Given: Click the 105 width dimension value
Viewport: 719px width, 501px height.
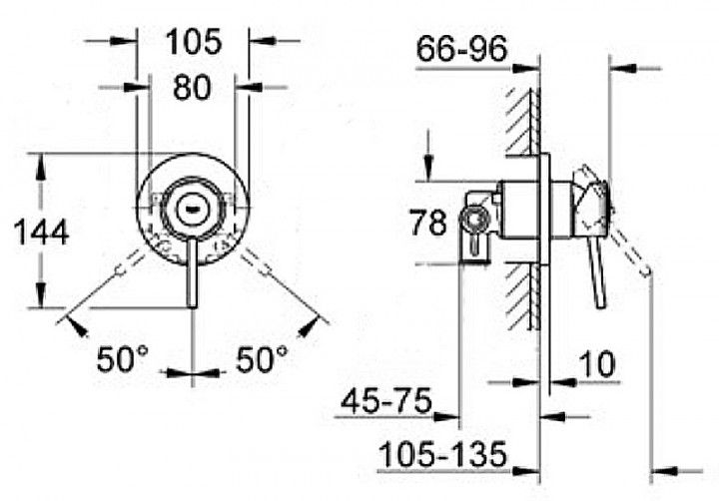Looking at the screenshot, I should (192, 43).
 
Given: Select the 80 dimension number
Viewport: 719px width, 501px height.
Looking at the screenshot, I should (192, 88).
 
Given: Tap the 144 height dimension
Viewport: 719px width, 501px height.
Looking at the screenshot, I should (41, 233).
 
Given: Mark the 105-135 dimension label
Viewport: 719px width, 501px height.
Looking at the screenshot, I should (443, 454).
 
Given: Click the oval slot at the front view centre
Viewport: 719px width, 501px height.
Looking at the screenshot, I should (191, 209).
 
